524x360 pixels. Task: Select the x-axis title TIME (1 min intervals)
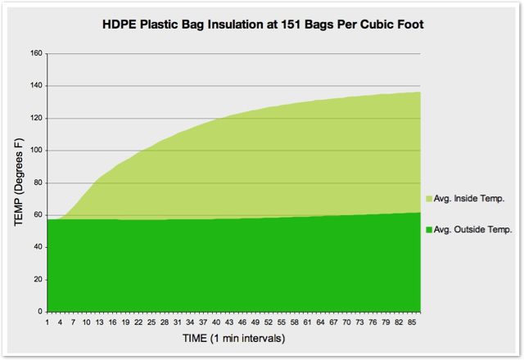233,337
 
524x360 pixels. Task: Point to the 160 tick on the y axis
37,54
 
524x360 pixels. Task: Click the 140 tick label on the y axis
37,86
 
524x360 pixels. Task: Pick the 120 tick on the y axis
37,119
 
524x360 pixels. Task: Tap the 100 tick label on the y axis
37,151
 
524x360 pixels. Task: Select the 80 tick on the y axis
38,182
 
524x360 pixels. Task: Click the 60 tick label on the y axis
38,215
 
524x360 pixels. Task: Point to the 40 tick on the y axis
38,247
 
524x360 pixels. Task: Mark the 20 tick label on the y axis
38,280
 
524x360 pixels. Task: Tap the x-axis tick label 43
230,321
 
